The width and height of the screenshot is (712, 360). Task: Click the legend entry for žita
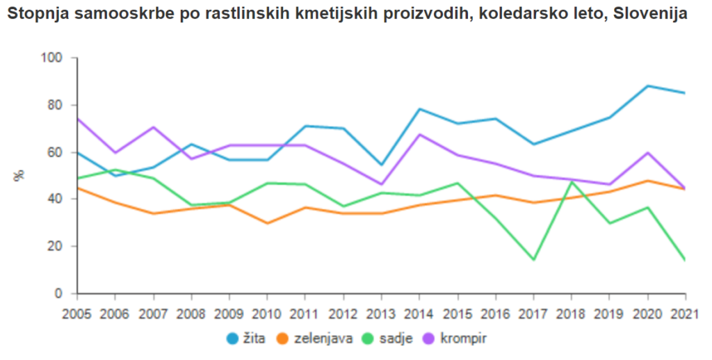click(x=250, y=338)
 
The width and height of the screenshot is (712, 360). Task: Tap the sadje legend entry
click(x=392, y=338)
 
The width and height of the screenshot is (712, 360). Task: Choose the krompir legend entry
click(x=457, y=338)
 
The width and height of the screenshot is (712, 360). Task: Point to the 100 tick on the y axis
click(x=52, y=58)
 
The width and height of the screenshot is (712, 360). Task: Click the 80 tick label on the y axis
click(x=55, y=106)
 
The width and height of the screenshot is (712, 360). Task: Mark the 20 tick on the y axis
click(x=55, y=247)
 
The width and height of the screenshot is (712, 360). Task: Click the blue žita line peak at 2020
click(x=647, y=86)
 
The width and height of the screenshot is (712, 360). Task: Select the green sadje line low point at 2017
click(x=533, y=260)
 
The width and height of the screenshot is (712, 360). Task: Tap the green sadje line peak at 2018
click(x=572, y=181)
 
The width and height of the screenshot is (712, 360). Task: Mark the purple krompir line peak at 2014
click(x=419, y=134)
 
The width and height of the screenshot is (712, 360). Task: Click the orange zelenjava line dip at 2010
click(x=267, y=223)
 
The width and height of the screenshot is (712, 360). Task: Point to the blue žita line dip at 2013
click(x=381, y=165)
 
